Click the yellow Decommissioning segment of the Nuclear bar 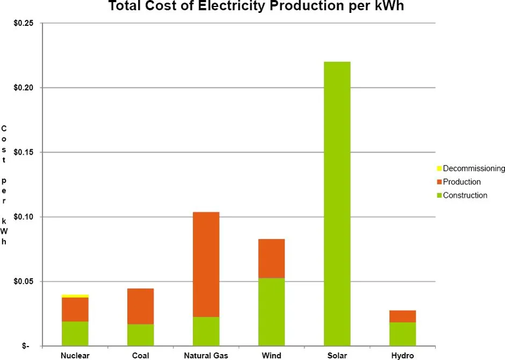pos(75,296)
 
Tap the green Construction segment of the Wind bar pos(271,312)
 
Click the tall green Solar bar pos(337,204)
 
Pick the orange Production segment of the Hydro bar pos(402,316)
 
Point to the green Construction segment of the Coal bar pos(140,335)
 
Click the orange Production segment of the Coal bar pos(140,306)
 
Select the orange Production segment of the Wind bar pos(271,258)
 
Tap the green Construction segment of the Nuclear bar pos(75,333)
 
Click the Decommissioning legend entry pos(473,169)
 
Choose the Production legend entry pos(461,182)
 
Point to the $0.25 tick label pos(24,23)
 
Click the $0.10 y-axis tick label pos(24,217)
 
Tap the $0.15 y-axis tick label pos(24,153)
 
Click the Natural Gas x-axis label pos(206,356)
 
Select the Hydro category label pos(402,356)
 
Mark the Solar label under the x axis pos(337,356)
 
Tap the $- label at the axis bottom pos(25,347)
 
